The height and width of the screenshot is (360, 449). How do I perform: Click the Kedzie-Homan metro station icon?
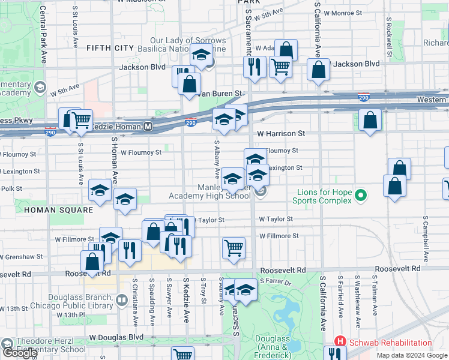[148, 127]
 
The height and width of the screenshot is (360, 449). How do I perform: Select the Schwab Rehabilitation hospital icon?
[339, 343]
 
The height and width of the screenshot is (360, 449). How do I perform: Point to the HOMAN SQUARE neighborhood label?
[59, 210]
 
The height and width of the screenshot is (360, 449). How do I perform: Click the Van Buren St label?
[220, 94]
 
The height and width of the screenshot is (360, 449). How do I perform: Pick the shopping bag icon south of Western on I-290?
[371, 120]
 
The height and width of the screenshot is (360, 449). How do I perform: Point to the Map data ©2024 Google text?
[412, 355]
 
